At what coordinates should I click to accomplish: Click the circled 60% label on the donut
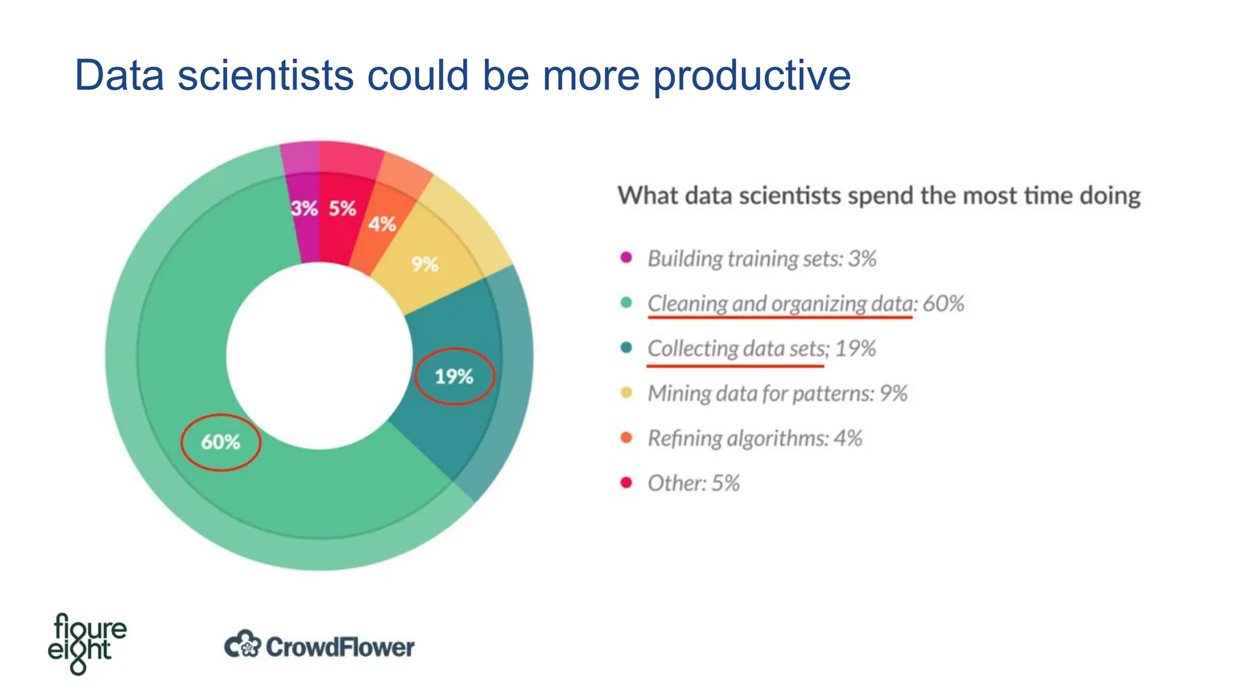[221, 442]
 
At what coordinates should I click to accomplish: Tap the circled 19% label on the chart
[454, 376]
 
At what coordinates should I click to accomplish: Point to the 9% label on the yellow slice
[425, 264]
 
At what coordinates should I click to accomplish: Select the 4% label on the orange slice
[382, 224]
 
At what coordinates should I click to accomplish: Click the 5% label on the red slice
[343, 209]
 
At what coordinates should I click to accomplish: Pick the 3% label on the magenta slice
[305, 209]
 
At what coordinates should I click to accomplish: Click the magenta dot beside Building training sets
[627, 258]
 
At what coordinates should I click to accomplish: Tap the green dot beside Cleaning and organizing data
[627, 302]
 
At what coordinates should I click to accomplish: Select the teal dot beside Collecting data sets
[627, 347]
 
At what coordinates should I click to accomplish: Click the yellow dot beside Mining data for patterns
[627, 393]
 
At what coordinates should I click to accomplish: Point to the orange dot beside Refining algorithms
[627, 437]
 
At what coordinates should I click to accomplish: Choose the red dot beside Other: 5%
[627, 483]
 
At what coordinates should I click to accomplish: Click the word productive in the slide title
[752, 77]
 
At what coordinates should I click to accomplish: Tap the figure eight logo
[87, 644]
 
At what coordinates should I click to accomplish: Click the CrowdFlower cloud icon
[242, 645]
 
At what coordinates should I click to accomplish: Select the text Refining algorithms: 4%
[754, 438]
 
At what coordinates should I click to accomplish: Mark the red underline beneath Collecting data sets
[735, 366]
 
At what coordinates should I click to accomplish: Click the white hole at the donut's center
[320, 356]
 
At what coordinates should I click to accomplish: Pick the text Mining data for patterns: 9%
[777, 393]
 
